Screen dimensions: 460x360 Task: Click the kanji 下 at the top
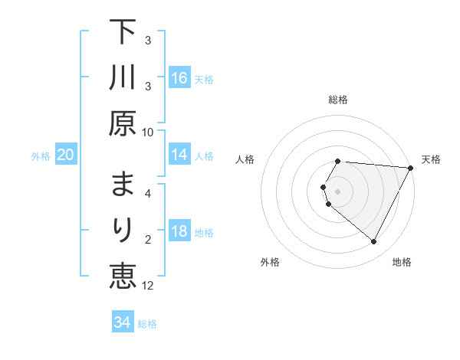123,35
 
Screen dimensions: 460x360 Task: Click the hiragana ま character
123,186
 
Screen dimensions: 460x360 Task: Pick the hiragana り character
123,230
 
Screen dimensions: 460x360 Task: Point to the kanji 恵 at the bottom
123,273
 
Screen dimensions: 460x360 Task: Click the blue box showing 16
179,78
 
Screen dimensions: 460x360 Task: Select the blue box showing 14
179,155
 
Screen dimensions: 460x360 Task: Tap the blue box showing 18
179,232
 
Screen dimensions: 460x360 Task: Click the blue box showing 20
65,155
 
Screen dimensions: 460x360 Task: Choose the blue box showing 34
122,322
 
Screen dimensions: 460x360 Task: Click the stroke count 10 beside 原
148,131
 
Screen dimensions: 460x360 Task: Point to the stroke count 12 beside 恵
148,285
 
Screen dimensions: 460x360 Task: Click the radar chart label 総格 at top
338,100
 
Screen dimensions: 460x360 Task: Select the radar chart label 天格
432,159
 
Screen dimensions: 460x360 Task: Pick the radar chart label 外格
270,262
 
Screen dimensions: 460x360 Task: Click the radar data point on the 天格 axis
411,168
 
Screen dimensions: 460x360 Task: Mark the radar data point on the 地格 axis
373,242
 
